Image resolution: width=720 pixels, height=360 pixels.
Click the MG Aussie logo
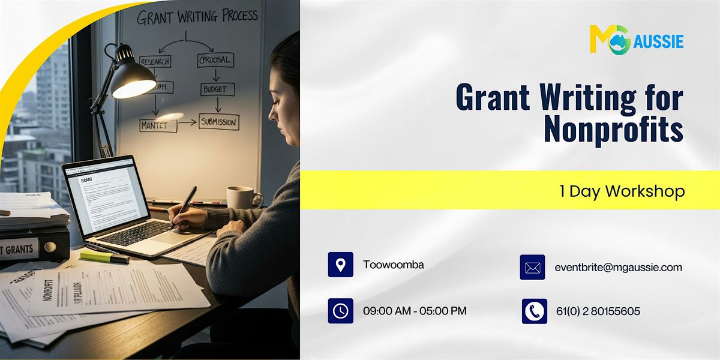pyautogui.click(x=636, y=40)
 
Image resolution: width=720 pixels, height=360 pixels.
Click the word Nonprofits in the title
pyautogui.click(x=613, y=130)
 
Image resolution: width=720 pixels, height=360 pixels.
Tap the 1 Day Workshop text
pyautogui.click(x=622, y=191)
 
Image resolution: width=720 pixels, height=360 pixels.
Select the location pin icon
pyautogui.click(x=340, y=265)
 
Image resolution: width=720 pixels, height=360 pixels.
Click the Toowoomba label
pyautogui.click(x=394, y=264)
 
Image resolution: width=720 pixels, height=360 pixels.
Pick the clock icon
pyautogui.click(x=340, y=311)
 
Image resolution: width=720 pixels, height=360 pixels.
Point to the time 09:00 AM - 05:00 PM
pyautogui.click(x=415, y=311)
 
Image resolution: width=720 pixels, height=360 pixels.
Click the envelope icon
pyautogui.click(x=532, y=268)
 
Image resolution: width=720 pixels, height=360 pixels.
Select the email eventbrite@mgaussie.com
pyautogui.click(x=618, y=268)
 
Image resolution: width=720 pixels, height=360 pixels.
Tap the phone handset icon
pyautogui.click(x=534, y=311)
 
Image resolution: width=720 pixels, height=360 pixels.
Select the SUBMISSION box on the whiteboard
pyautogui.click(x=219, y=122)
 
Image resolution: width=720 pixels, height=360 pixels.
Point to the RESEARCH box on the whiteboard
pyautogui.click(x=155, y=61)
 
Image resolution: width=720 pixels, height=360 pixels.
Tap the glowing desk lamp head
pyautogui.click(x=133, y=82)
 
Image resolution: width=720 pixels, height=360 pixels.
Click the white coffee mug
pyautogui.click(x=242, y=197)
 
